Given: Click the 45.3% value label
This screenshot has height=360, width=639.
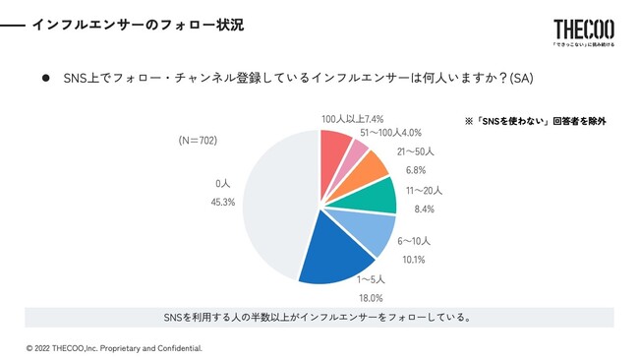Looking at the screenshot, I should click(x=223, y=203).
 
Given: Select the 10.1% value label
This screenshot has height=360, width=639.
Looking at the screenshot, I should click(x=415, y=260).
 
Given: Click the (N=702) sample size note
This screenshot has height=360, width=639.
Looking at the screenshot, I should click(x=198, y=141).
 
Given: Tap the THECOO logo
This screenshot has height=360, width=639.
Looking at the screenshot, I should click(x=583, y=30).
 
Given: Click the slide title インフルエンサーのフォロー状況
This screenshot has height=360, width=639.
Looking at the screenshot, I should click(x=138, y=24).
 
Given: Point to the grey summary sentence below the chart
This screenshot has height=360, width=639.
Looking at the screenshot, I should click(x=319, y=317).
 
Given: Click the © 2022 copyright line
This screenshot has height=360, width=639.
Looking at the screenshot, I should click(x=114, y=348).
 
